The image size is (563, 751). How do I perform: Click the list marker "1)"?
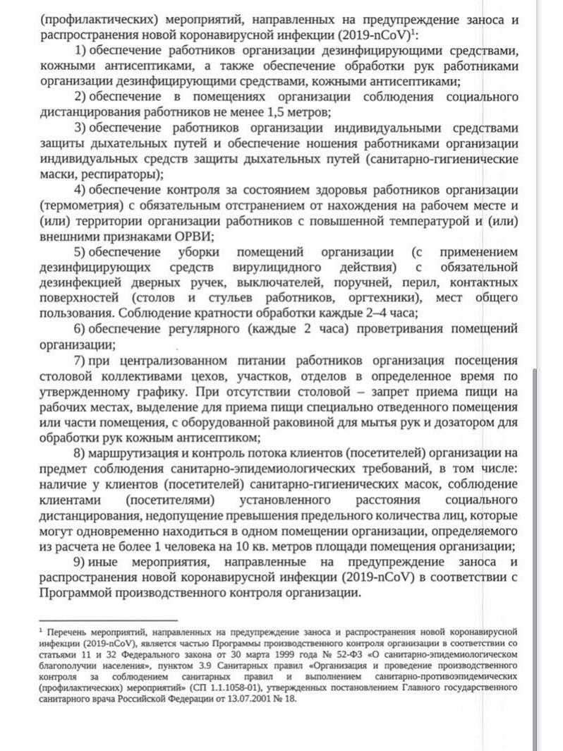pyautogui.click(x=79, y=50)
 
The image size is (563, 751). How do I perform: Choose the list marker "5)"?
pyautogui.click(x=79, y=252)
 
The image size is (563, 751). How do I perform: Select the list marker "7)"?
pyautogui.click(x=79, y=361)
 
